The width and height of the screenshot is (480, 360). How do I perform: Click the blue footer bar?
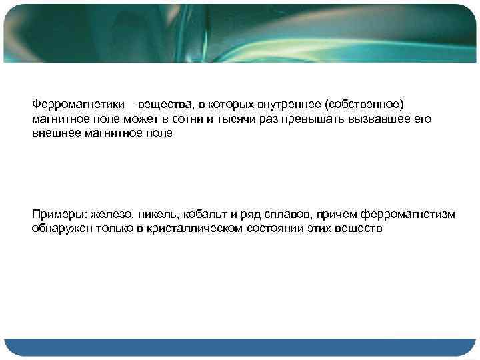coord(240,348)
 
